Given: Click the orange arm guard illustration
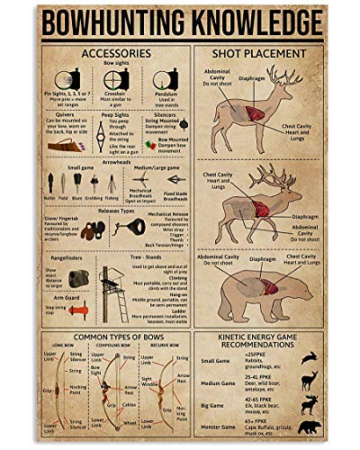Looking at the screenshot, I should tap(77, 309).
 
